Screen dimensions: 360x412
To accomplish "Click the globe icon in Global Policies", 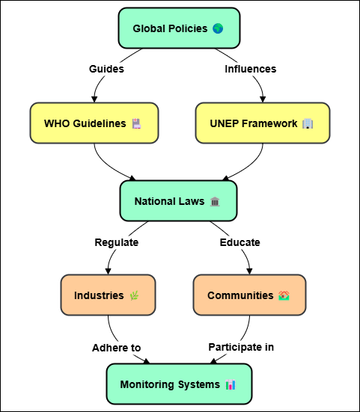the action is (218, 28).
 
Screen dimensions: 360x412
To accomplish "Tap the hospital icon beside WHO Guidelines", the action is (136, 123).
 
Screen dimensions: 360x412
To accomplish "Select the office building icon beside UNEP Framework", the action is (308, 123).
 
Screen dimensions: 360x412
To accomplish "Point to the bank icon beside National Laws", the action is (215, 202).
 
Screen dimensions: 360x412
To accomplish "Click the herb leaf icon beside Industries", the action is (134, 295).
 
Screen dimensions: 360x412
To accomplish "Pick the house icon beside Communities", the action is (284, 295).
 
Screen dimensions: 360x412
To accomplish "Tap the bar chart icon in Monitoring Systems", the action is (231, 384).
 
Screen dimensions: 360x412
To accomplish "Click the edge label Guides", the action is (106, 69).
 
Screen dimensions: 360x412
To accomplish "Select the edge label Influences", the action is (250, 69).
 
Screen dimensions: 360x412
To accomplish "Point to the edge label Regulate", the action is (117, 242).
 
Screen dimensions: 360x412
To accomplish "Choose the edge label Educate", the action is (240, 242).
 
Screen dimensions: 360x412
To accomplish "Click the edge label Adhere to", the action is (117, 348).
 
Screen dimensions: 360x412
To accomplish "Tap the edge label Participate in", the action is (241, 347).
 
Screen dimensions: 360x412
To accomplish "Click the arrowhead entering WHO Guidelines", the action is (94, 99).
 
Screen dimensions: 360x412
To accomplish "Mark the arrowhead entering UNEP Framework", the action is (263, 99).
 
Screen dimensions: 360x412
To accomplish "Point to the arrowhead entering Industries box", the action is (108, 271).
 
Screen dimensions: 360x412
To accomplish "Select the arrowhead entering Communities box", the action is (249, 271).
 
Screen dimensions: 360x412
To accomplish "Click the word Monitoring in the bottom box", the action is (147, 384).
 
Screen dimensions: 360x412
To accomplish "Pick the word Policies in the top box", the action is (188, 28).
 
